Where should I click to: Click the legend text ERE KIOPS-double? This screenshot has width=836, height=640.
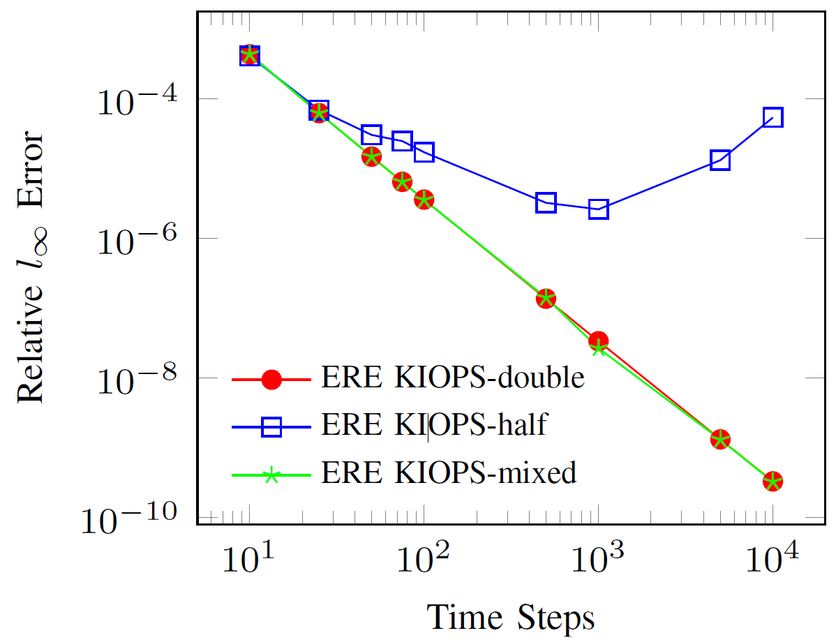point(452,378)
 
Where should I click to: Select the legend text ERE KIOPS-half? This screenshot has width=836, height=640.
point(431,426)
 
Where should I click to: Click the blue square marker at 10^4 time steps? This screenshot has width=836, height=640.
point(772,117)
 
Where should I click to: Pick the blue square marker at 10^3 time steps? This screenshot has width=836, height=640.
point(598,209)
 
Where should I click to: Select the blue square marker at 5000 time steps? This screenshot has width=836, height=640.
point(720,160)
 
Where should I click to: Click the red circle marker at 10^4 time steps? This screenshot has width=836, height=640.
point(772,481)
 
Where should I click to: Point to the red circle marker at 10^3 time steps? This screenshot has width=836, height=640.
point(598,341)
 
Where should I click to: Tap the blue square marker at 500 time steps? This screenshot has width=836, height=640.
point(546,202)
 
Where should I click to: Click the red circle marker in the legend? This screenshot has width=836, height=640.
point(271,379)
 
